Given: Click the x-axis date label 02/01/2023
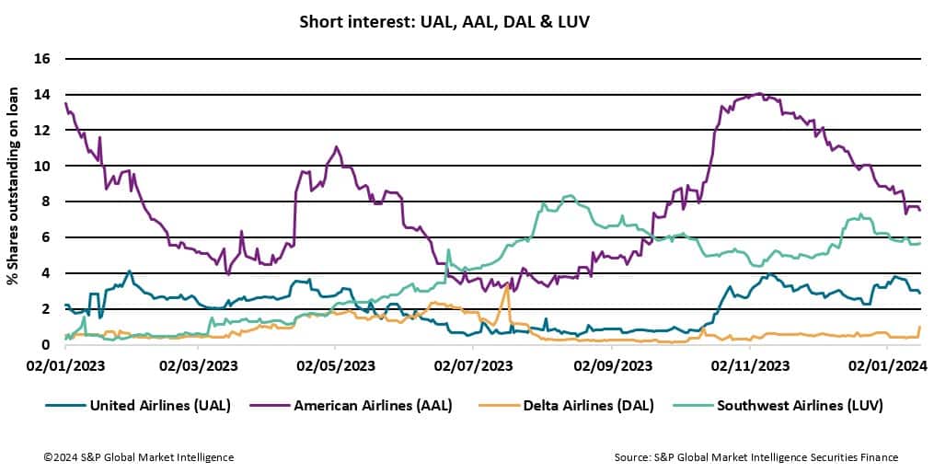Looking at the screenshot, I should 64,365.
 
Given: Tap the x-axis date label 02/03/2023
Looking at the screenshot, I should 200,365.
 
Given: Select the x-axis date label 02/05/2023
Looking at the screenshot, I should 336,365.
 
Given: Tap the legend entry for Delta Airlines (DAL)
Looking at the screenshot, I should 565,404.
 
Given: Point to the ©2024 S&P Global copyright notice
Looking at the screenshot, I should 139,457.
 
